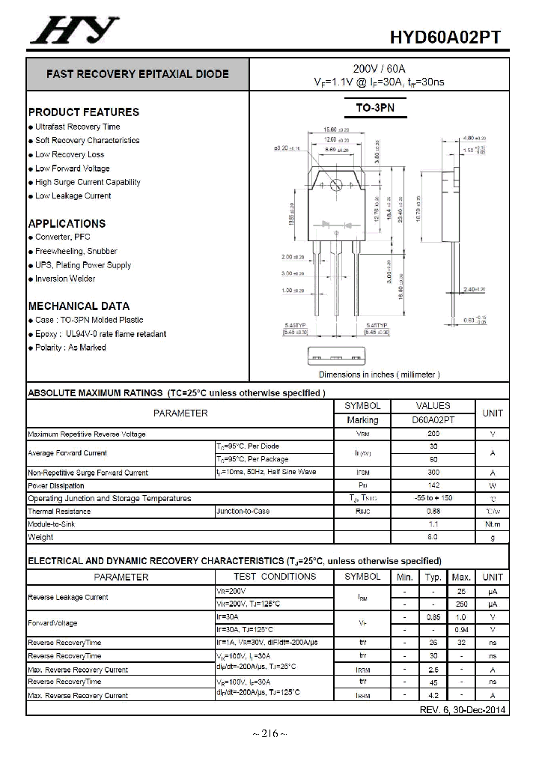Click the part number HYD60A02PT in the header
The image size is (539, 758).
pos(445,38)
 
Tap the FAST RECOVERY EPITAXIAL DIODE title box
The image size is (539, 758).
pos(138,74)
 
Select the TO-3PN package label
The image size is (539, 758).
pos(374,108)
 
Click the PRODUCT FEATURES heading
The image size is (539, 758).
pos(83,112)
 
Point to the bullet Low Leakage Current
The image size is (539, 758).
pos(73,196)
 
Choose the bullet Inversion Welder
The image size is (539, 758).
pos(65,279)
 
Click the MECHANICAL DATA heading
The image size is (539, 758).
pos(79,306)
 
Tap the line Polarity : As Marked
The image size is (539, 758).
pos(70,348)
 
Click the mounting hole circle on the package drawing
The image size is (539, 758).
pos(336,184)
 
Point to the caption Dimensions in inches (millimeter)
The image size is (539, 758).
pos(379,375)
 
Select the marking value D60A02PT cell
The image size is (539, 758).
pos(433,420)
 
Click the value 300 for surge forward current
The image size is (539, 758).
pos(433,473)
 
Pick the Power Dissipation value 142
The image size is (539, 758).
pos(433,485)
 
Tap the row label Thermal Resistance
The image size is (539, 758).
pos(59,512)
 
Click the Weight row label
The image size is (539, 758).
pos(40,537)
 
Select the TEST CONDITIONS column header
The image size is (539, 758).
pos(275,577)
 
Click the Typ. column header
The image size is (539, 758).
pos(433,577)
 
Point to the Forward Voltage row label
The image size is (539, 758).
pos(52,623)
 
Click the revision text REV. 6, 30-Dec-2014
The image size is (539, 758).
pos(462,709)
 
